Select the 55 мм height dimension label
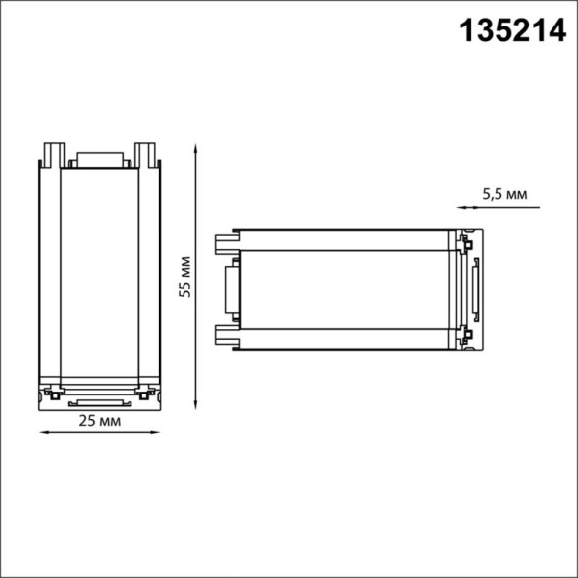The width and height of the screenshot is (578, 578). pos(184,277)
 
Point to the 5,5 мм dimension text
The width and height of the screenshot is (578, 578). pos(504,195)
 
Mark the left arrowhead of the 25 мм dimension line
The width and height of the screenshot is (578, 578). pos(42,433)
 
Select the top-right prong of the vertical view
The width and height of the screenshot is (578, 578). pos(146,154)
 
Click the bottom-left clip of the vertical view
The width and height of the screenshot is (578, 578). pos(46,395)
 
